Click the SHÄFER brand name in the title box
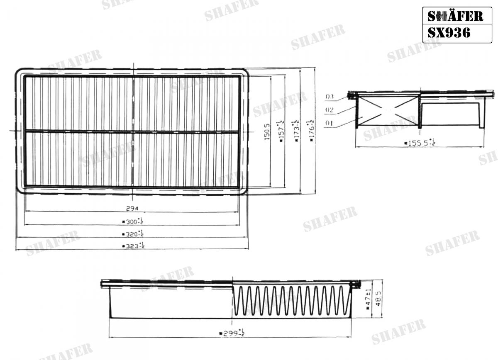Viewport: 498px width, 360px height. [x=455, y=17]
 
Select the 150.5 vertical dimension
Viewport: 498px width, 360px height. [x=267, y=131]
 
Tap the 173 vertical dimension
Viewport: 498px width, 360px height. [x=296, y=132]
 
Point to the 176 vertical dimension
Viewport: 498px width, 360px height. [x=311, y=132]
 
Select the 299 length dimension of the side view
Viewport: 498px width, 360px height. [x=232, y=333]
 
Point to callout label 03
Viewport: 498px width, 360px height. [x=330, y=97]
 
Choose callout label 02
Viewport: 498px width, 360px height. [x=330, y=110]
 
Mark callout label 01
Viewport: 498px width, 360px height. [x=330, y=123]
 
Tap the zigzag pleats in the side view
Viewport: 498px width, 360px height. [x=290, y=300]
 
